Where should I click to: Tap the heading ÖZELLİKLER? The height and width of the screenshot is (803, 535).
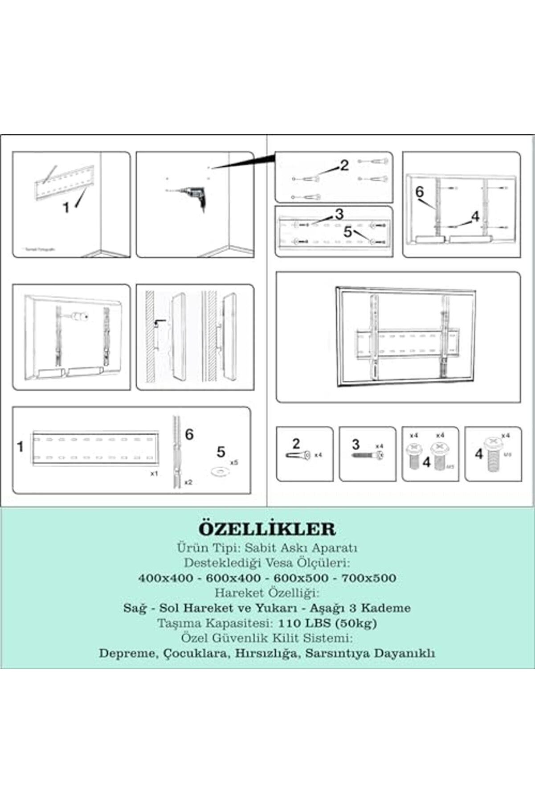267,529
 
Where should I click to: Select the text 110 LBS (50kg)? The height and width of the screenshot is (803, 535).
327,623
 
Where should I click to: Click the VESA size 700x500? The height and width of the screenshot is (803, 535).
368,578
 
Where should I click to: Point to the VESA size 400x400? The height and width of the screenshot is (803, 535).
166,578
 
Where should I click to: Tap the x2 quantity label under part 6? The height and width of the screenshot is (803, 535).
188,482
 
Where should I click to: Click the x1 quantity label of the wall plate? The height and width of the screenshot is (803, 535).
154,474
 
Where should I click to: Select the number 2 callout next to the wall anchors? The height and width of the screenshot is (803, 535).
344,165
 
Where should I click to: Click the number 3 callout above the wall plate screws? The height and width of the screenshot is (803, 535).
339,214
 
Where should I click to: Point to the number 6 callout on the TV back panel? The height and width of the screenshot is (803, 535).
420,192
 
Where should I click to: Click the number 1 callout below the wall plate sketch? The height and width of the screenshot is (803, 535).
66,207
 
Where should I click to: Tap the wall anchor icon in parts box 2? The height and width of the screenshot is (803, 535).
297,455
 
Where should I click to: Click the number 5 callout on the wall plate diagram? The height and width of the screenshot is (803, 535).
347,232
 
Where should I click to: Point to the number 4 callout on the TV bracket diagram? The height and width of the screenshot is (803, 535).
475,217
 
